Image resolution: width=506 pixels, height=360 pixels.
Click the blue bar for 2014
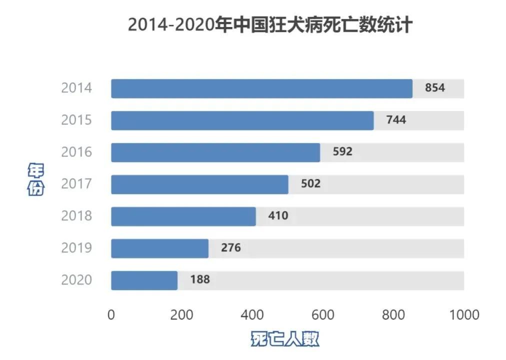coord(261,88)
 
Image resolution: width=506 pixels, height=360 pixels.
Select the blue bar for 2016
coord(215,152)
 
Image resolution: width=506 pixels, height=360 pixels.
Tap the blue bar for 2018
coord(183,216)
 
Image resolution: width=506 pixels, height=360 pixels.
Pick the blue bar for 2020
coord(144,280)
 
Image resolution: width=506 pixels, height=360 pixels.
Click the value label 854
coord(434,88)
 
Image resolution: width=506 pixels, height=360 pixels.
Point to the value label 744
coord(396,120)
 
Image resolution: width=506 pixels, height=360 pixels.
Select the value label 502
coord(310,184)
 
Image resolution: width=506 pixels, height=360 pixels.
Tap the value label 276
coord(230,248)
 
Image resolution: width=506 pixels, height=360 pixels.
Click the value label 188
coord(200,280)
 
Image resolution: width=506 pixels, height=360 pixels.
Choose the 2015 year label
coord(76,120)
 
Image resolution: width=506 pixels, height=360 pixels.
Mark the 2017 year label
coord(76,184)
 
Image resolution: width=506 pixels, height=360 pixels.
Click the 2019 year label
coord(76,248)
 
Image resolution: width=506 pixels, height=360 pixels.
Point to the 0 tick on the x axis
coord(111,314)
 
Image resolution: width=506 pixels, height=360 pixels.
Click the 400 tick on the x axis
coord(252,314)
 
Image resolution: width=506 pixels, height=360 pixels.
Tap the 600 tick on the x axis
coord(322,314)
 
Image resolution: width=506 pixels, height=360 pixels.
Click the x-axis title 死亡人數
coord(284,339)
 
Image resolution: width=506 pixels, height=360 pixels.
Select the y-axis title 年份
coord(35,179)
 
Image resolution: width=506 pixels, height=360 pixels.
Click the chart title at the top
coord(270,24)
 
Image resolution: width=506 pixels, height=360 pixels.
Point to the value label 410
coord(278,216)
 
